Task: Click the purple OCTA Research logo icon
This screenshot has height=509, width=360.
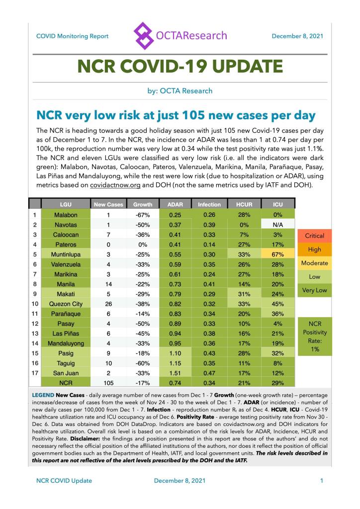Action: (144, 35)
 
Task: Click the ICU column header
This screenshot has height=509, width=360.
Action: (278, 204)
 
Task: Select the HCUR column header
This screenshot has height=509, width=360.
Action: (244, 204)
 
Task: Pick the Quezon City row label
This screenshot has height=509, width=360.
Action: (66, 303)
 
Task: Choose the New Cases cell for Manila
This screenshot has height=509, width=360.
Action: (108, 284)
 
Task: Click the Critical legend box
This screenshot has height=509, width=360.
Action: (314, 236)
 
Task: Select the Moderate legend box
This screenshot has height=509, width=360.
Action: (314, 262)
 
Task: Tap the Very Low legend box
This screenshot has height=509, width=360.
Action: (314, 290)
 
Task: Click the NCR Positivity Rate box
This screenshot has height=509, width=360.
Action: (314, 336)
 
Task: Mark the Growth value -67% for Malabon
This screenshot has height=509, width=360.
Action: (143, 215)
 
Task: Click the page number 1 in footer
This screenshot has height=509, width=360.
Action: (322, 481)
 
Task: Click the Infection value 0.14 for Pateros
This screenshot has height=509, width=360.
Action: (209, 245)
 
